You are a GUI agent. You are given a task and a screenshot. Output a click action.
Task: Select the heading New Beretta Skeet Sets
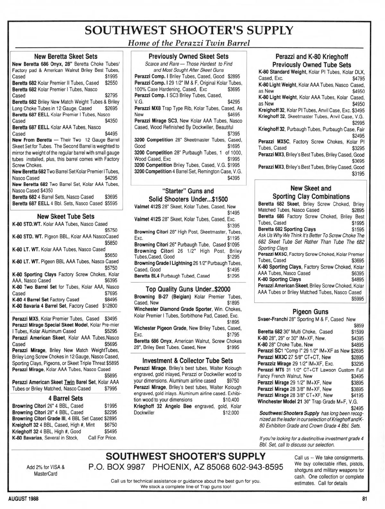[66, 57]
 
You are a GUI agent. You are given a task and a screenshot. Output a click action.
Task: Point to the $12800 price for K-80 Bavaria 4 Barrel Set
[110, 306]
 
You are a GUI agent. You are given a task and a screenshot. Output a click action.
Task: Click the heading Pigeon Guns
[310, 312]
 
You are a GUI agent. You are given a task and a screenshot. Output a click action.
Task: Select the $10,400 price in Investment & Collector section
[231, 400]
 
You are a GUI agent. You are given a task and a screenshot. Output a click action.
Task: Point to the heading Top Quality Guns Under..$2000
[188, 289]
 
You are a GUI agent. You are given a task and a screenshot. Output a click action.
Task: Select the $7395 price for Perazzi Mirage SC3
[233, 133]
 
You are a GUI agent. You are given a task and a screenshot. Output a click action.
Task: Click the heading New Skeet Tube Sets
[66, 217]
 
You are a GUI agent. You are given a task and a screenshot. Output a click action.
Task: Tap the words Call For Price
[102, 438]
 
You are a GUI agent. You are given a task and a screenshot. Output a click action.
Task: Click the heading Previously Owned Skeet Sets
[189, 57]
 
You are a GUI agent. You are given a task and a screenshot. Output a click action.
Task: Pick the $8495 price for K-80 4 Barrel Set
[111, 299]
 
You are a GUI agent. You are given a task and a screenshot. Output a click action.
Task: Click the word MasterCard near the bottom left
[46, 474]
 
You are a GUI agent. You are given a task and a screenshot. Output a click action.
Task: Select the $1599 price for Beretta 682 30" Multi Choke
[357, 332]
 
